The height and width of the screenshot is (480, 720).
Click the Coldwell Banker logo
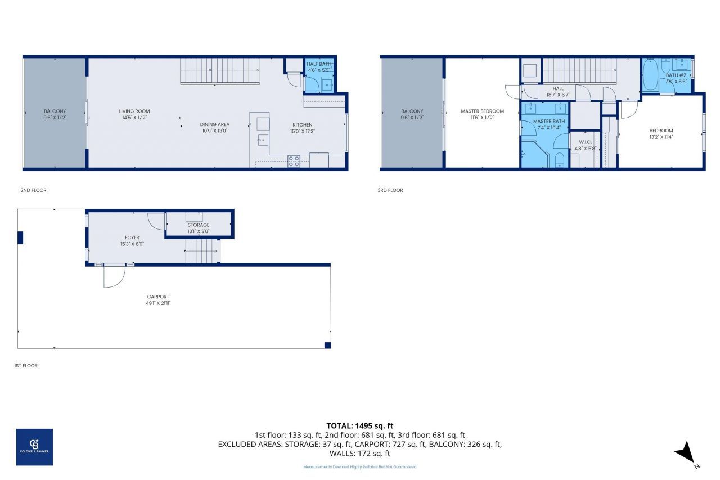tap(34, 447)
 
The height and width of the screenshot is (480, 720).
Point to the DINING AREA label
tap(215, 124)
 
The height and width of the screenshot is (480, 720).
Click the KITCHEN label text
tap(302, 125)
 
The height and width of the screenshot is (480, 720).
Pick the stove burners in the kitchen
tap(294, 162)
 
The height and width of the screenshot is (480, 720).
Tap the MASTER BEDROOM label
tap(482, 111)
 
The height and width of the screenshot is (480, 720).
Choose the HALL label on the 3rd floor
tap(558, 88)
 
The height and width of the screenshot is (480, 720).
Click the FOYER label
tap(132, 237)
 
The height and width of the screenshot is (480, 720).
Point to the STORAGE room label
tap(198, 225)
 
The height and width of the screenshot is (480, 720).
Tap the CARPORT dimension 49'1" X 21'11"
tap(158, 303)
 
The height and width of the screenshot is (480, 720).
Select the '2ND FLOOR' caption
tap(33, 190)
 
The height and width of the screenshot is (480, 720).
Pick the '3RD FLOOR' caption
tap(390, 190)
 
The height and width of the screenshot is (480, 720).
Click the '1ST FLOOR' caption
tap(26, 366)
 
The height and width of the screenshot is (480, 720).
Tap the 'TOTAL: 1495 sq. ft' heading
tap(359, 425)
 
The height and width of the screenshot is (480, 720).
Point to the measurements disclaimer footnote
tap(359, 467)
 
